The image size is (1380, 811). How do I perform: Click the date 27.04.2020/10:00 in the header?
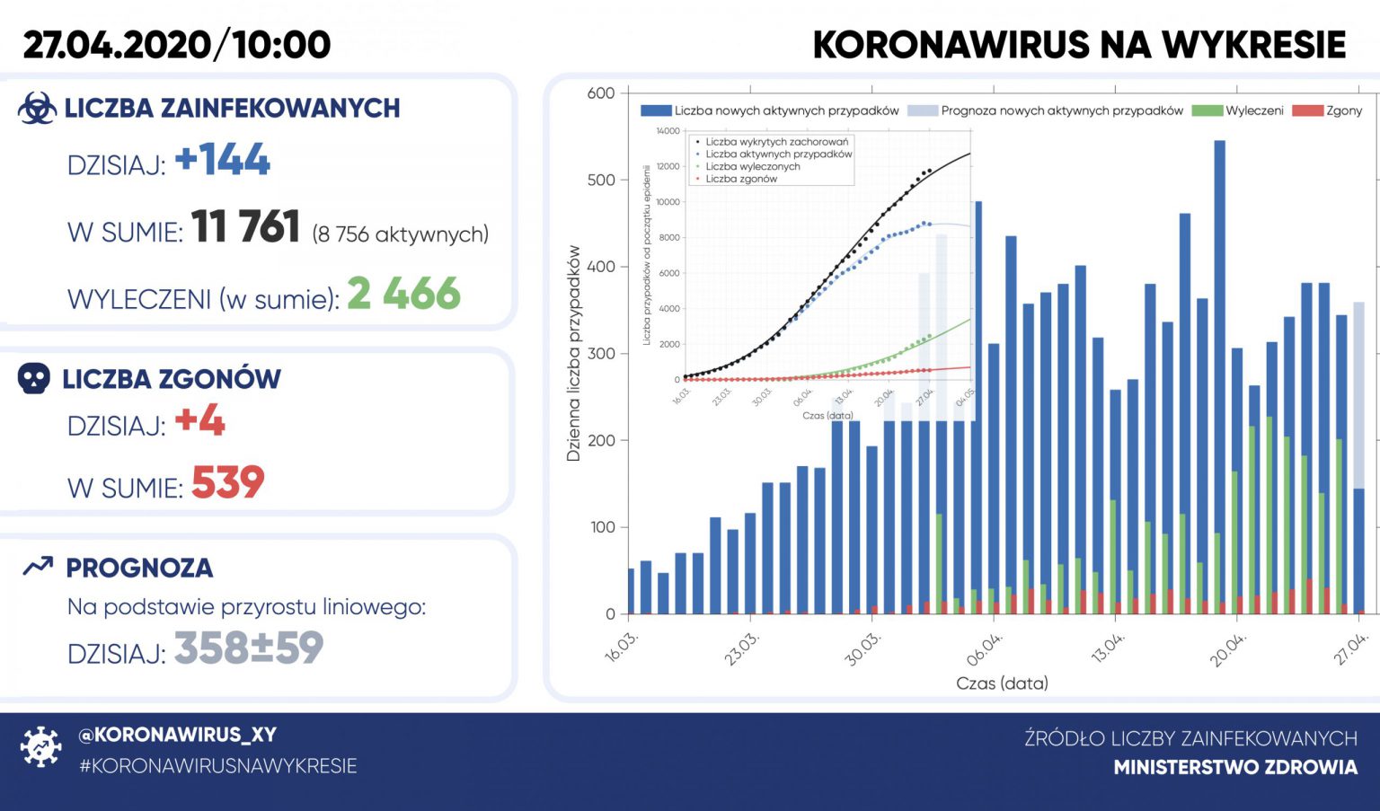[x=177, y=45]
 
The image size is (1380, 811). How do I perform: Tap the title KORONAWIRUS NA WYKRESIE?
[x=1079, y=45]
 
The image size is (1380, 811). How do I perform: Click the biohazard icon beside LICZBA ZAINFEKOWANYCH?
[x=37, y=108]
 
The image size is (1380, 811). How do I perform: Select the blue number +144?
[x=223, y=160]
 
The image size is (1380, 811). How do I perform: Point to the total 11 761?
[x=245, y=226]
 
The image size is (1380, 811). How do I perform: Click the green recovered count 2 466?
[x=403, y=294]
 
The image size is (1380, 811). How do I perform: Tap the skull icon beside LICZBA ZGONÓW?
[x=34, y=378]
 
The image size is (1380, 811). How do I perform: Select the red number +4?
[x=199, y=420]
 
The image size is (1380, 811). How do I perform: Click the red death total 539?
[x=228, y=483]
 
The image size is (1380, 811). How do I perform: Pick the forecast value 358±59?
[x=249, y=648]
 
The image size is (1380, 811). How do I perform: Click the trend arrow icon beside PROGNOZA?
[x=38, y=566]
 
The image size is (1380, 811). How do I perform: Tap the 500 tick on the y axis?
[x=601, y=180]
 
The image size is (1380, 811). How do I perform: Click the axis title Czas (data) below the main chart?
[x=1002, y=683]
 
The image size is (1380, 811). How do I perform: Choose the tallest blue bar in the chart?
[x=1219, y=377]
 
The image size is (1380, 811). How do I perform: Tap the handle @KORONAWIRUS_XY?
[x=177, y=735]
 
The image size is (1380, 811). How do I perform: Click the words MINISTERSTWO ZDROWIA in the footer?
[x=1235, y=767]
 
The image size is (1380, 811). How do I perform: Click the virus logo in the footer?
[x=40, y=746]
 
